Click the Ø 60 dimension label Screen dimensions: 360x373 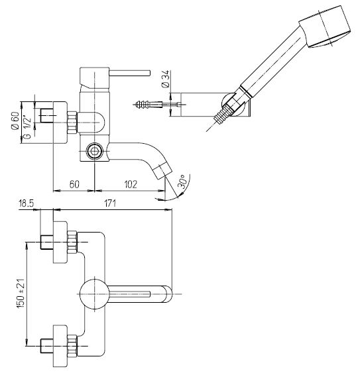(x=15, y=121)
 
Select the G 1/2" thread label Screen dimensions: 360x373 (x=28, y=127)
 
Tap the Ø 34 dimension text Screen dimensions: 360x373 (x=165, y=79)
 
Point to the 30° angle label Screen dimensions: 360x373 (x=182, y=182)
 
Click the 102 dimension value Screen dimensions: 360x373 (x=131, y=184)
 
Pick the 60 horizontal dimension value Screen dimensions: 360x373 (x=74, y=184)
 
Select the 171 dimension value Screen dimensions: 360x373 (x=110, y=203)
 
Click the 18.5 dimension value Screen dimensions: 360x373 (x=27, y=203)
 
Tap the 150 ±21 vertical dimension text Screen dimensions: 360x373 (x=21, y=293)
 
